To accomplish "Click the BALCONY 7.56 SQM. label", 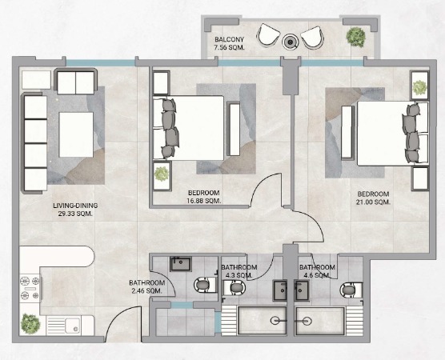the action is tap(230, 43).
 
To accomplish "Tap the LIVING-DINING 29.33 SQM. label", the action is tap(75, 210).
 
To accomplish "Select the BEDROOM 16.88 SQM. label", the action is tap(204, 197).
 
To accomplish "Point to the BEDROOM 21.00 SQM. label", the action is tap(373, 198).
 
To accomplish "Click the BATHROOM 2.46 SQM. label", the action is tap(147, 286).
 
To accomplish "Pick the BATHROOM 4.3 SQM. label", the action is tap(239, 271).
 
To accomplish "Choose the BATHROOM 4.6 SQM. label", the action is tap(317, 271).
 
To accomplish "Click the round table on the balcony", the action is tap(290, 42).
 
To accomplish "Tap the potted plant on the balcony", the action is tap(355, 37).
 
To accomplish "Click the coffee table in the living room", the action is tap(76, 134).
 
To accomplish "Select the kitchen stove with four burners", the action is tap(30, 288).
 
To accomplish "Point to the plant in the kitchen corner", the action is tap(30, 324).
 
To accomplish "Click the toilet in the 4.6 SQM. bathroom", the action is tap(351, 290).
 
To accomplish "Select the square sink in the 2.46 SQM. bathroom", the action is tap(181, 264).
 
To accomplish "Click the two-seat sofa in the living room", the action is tap(76, 82).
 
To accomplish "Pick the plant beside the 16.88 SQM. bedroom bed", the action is tap(162, 174).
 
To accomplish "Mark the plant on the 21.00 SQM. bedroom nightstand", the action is tap(419, 88).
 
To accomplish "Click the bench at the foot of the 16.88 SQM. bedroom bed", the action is tap(235, 129).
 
